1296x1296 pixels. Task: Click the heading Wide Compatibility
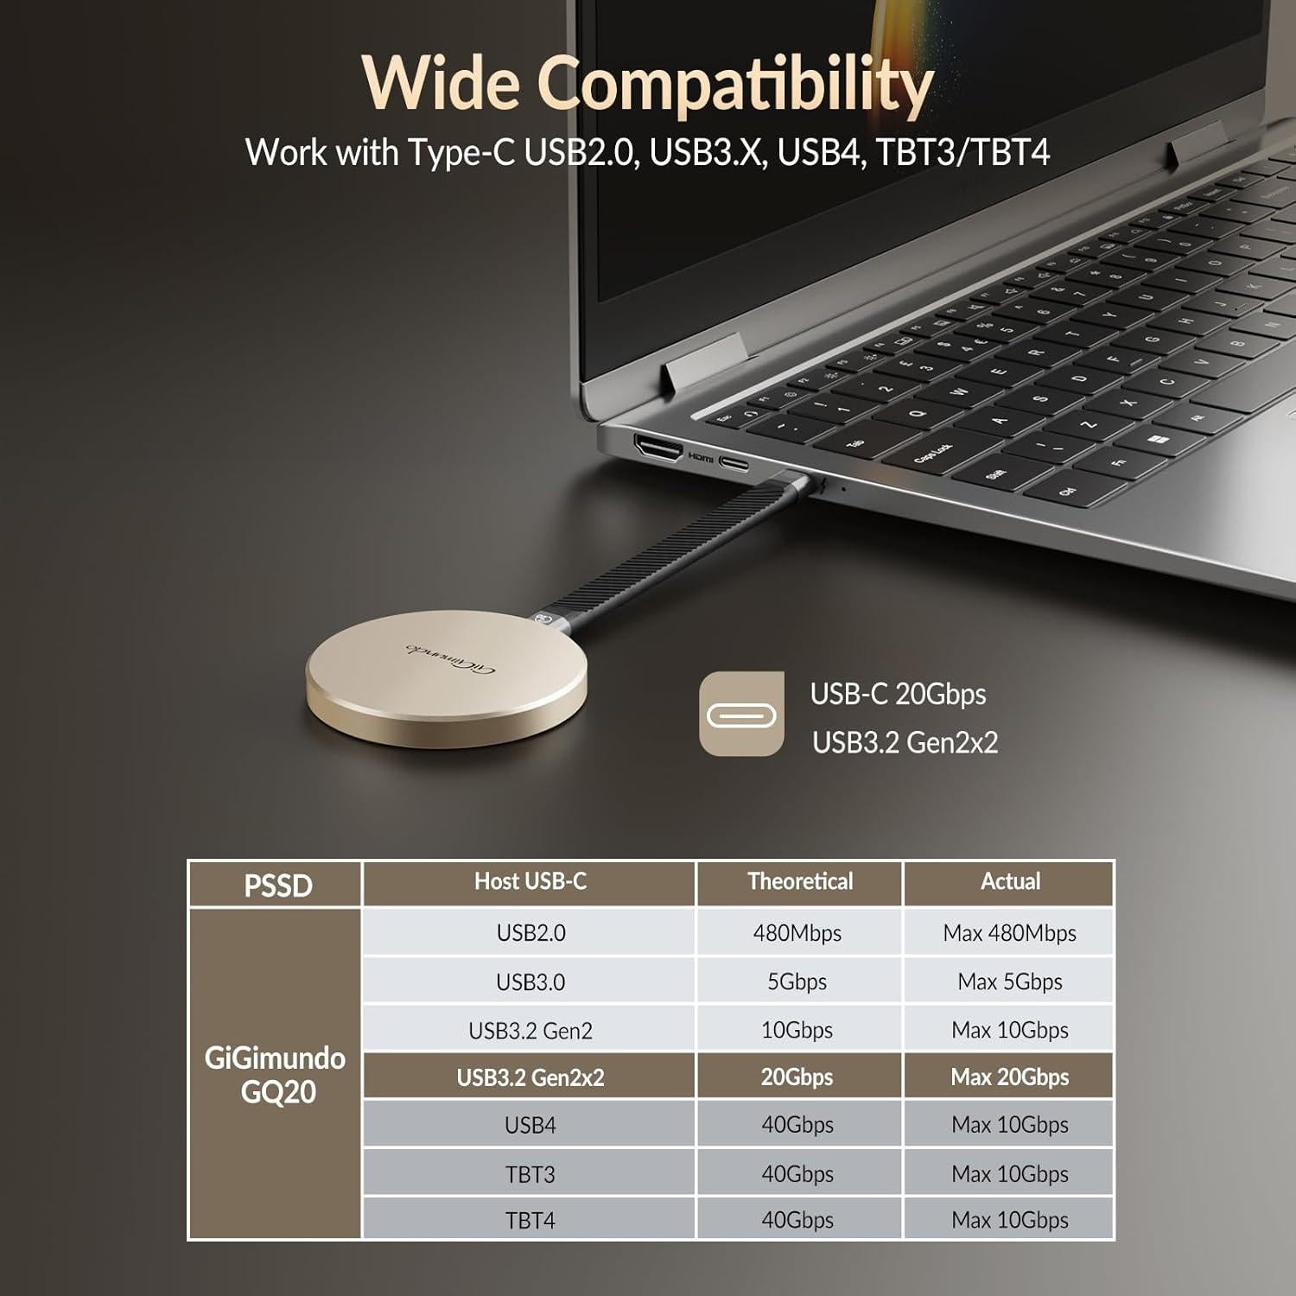(648, 85)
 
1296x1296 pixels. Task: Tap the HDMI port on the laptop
(659, 449)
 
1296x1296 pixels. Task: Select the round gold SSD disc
(446, 687)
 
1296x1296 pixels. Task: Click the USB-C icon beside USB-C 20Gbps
(741, 715)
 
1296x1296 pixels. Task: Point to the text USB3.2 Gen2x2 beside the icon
(905, 742)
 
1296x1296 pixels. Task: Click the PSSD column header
(276, 885)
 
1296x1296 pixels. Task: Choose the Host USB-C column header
(530, 881)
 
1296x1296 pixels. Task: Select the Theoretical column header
(799, 881)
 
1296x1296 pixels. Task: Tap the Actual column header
(1009, 881)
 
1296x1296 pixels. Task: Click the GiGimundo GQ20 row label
(275, 1074)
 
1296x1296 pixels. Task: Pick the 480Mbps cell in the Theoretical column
(797, 933)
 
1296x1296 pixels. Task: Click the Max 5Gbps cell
(1009, 982)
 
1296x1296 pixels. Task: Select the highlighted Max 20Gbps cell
(1009, 1077)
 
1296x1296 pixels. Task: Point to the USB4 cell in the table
(530, 1125)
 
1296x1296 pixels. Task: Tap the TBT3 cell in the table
(530, 1174)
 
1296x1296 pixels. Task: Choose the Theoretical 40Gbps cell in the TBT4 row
(797, 1220)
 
